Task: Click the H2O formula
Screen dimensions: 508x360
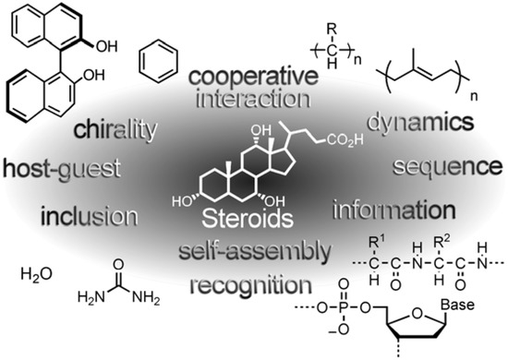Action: [x=34, y=273]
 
